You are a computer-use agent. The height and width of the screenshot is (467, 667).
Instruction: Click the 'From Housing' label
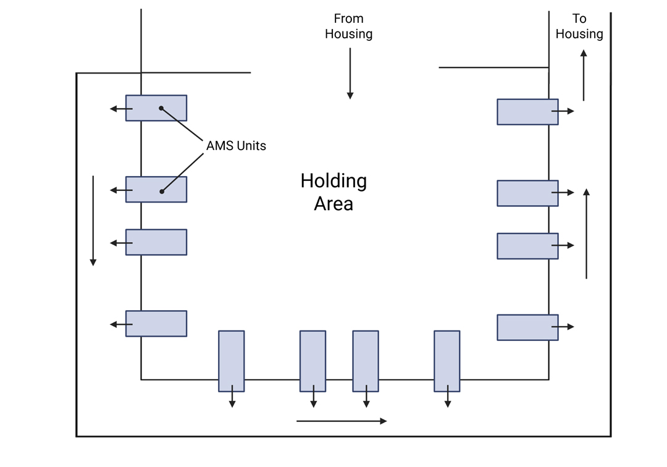coord(349,27)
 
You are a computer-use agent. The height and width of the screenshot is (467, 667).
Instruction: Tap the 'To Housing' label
coord(579,27)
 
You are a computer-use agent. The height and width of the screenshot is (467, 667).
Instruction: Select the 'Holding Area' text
coord(333,192)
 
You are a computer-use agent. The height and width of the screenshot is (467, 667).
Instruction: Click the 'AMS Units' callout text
coord(236,146)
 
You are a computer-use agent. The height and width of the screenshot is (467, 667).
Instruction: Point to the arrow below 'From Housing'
coord(350,74)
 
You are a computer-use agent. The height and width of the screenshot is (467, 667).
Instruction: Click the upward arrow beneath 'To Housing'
coord(584,75)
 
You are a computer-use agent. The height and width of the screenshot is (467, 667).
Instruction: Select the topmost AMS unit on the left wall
coord(156,108)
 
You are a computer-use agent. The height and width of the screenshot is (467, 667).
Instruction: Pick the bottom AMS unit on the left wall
coord(156,324)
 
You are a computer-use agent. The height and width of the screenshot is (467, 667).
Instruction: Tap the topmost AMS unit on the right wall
coord(527,112)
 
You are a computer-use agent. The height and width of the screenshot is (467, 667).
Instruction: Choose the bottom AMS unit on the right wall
coord(527,327)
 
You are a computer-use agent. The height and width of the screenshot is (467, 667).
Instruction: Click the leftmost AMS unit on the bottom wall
coord(232,361)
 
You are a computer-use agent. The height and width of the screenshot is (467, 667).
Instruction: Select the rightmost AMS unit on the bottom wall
coord(447,361)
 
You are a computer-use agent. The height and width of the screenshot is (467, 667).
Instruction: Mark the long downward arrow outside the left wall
coord(93,221)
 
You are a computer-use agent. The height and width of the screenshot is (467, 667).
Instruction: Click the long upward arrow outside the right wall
coord(587,233)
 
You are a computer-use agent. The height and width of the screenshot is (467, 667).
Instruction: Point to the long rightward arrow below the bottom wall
coord(342,421)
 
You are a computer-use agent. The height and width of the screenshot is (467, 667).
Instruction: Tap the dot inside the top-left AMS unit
coord(161,108)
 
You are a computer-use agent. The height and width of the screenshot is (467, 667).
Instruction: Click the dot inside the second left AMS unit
coord(162,191)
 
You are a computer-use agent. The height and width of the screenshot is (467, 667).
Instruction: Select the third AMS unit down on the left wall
coord(156,242)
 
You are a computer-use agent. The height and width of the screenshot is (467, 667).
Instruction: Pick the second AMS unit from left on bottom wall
coord(313,361)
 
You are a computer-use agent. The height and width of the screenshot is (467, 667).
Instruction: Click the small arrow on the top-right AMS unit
coord(563,111)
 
